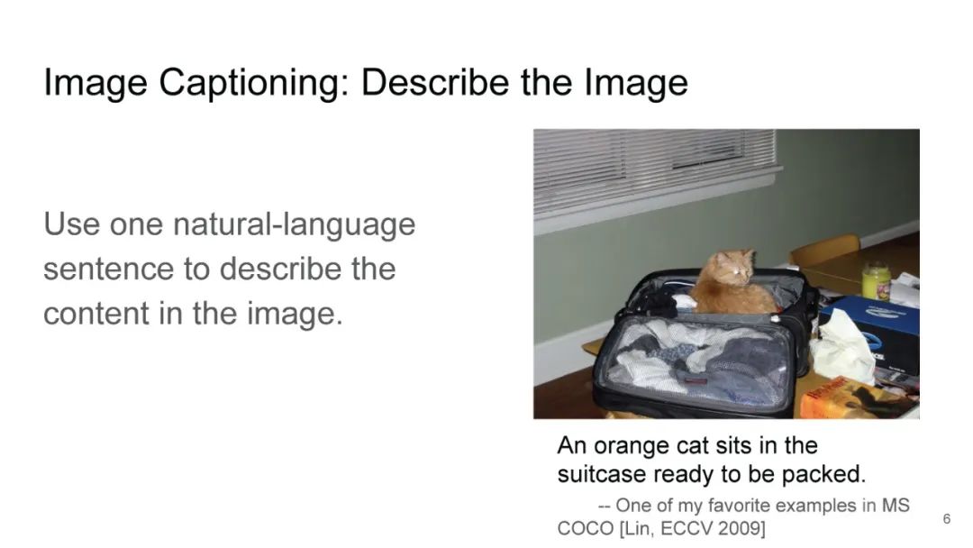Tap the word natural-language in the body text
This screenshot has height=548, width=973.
(x=294, y=225)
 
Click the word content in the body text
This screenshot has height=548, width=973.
(x=96, y=314)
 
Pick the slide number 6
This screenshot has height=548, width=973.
(x=946, y=519)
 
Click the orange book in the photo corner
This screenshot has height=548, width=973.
(x=856, y=398)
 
